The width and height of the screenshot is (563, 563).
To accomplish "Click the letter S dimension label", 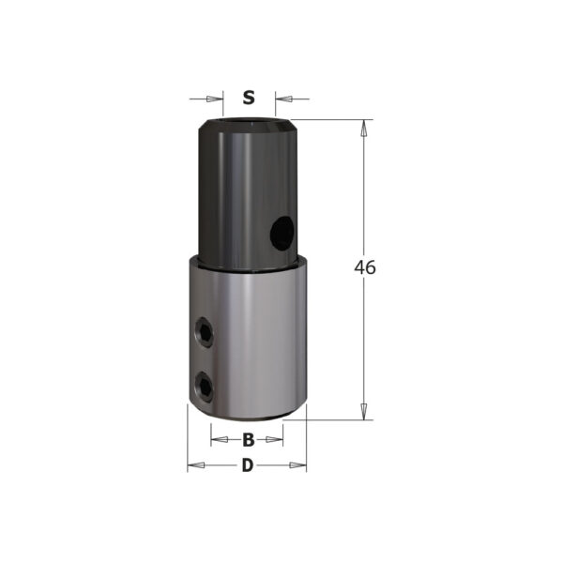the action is coord(249,98).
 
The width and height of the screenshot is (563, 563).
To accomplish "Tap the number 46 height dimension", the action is coord(365,267).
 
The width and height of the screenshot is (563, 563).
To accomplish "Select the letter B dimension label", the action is coord(248,439).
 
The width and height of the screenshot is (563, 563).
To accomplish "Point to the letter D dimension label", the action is coord(248,465).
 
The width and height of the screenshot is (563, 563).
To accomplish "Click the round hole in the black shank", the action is coord(282,233).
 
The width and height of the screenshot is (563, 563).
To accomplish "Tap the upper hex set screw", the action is coord(204,332).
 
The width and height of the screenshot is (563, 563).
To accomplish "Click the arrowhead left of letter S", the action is coord(214,99).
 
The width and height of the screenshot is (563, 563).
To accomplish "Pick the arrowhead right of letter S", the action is coord(283,99).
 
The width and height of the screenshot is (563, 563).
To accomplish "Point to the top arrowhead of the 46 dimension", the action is coord(364,129).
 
